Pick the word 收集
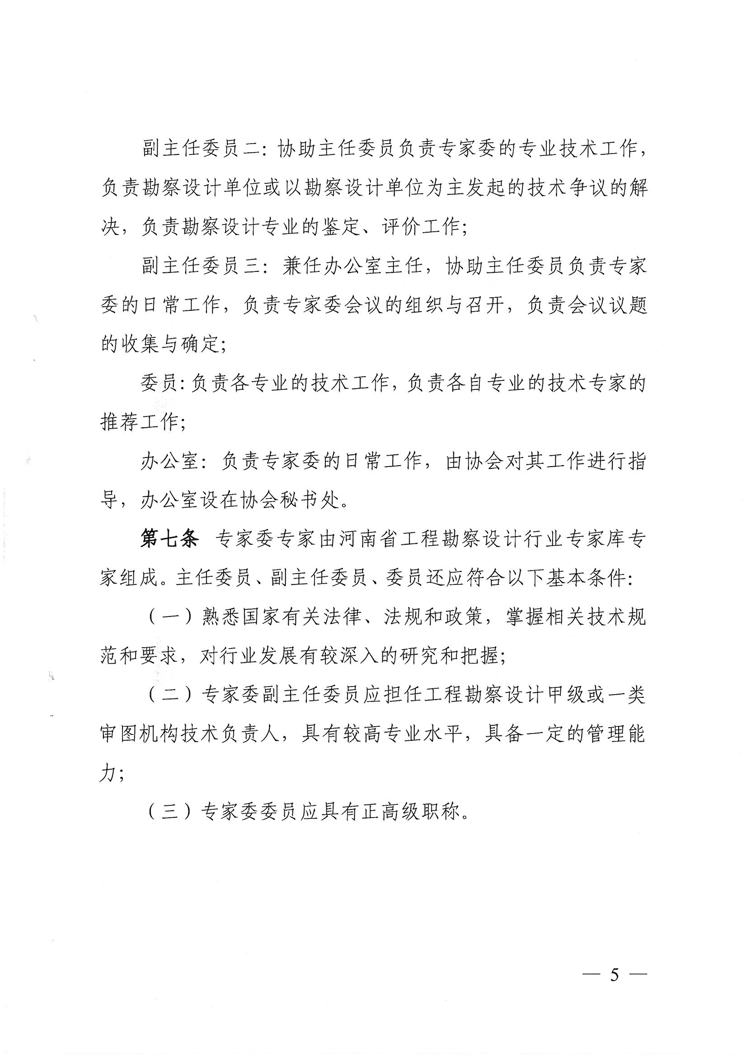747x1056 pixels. (139, 344)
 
